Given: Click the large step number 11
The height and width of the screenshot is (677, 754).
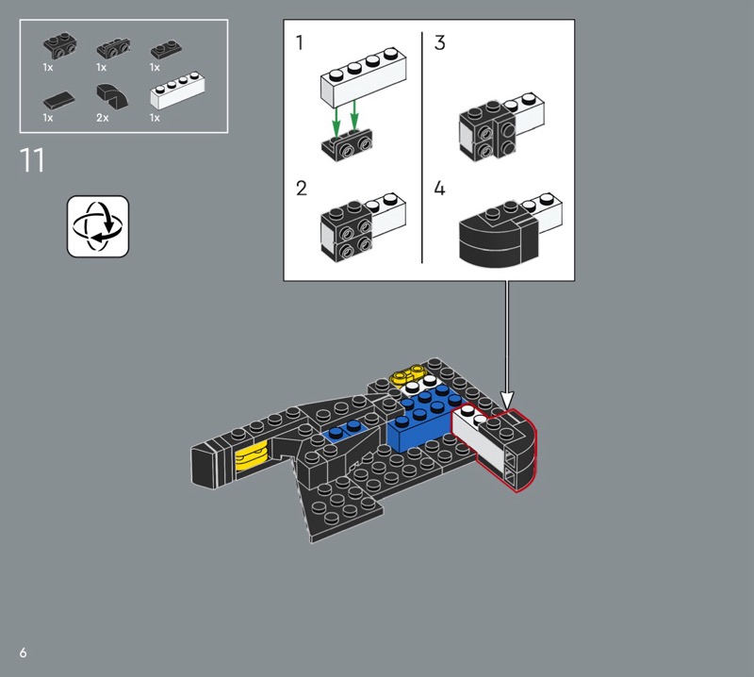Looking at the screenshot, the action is click(x=32, y=160).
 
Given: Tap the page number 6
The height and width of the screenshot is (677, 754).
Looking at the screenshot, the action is click(x=23, y=652).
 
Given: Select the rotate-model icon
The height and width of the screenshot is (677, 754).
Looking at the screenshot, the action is click(x=98, y=226).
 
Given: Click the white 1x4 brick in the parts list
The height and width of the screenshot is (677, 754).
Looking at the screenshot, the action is click(x=177, y=90).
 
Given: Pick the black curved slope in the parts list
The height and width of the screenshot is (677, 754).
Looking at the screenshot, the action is click(x=112, y=95).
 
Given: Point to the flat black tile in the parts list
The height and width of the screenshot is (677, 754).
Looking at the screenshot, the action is click(x=58, y=100).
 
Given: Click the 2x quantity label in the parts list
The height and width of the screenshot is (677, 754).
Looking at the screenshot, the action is click(x=103, y=118).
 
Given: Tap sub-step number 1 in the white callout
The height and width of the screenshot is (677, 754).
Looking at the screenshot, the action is click(x=300, y=42).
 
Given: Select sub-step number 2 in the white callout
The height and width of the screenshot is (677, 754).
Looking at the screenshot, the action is click(x=302, y=189).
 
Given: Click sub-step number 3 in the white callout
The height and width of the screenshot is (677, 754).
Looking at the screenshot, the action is click(x=440, y=42).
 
